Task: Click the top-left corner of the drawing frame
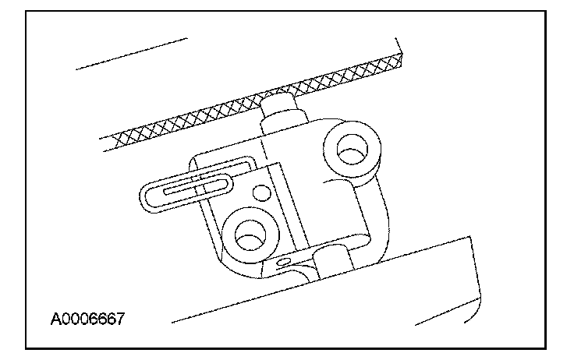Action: pyautogui.click(x=27, y=11)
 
